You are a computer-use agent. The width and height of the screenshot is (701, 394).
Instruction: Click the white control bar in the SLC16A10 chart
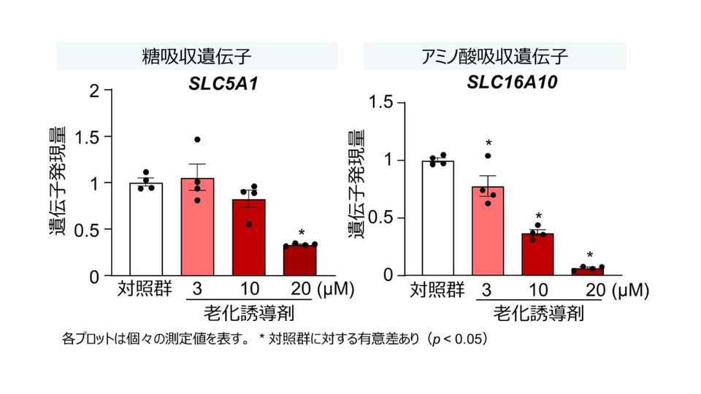click(438, 218)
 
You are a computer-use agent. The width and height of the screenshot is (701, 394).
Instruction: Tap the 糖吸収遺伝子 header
click(196, 56)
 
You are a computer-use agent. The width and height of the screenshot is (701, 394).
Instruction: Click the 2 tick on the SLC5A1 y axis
click(93, 91)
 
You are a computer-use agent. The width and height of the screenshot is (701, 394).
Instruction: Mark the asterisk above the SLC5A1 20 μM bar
click(301, 233)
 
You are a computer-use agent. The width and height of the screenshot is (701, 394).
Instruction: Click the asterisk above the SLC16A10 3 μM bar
click(488, 144)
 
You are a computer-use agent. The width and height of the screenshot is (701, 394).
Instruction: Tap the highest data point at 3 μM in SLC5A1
click(196, 139)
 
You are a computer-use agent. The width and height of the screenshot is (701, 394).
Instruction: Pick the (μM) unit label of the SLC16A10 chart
click(630, 290)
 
